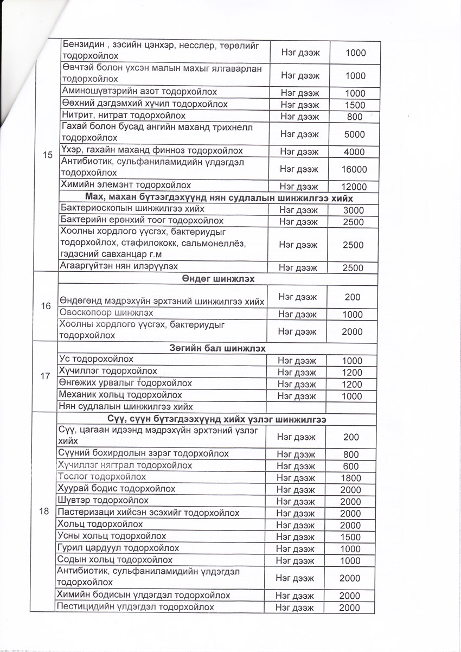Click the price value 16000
pos(354,169)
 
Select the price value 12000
pos(354,187)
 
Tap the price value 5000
pos(354,134)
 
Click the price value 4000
pos(354,152)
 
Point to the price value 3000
pos(354,210)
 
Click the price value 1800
pos(351,478)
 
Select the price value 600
pos(351,466)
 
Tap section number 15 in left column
pos(47,155)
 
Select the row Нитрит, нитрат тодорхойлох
pos(124,116)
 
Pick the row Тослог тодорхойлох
pos(102,477)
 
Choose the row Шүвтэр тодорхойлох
pos(103,500)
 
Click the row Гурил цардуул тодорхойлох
pos(118,548)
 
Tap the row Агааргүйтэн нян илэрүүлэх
pos(119,266)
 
